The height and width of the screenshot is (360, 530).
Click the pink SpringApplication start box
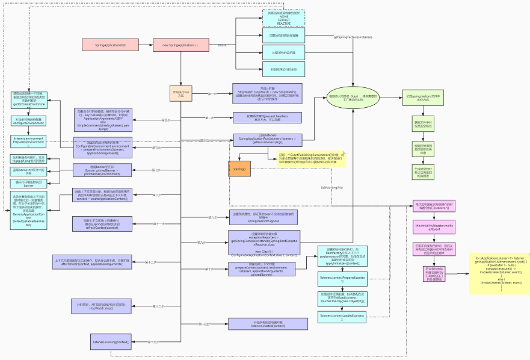coord(111,45)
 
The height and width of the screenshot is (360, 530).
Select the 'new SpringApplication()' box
coord(180,45)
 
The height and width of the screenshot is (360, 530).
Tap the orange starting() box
coord(239,169)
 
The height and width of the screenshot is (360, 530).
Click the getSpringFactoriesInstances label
coord(353,37)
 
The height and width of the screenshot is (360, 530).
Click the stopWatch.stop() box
coord(96,305)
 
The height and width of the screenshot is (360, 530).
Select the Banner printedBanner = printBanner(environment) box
coord(102,170)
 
